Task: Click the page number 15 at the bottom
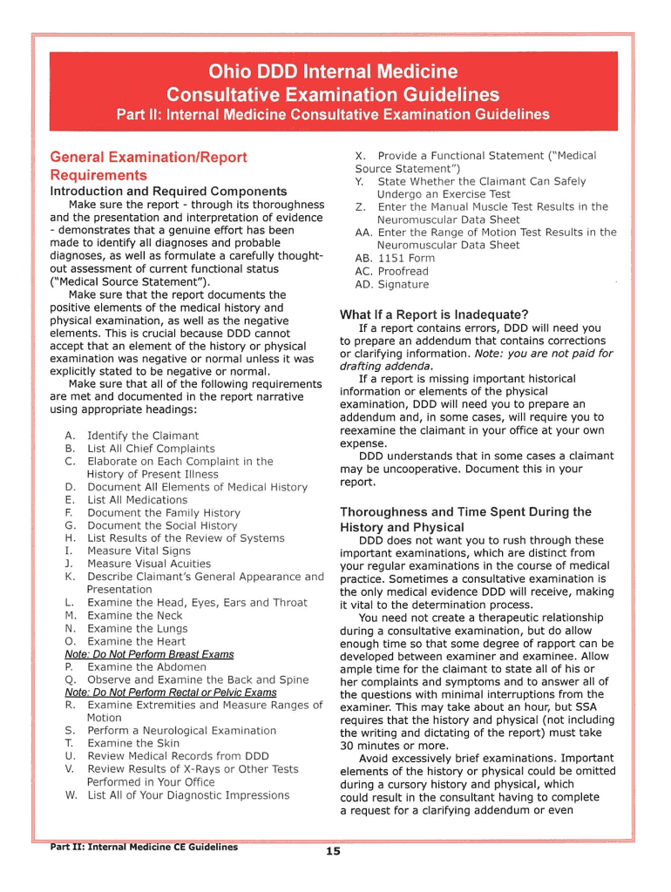[x=333, y=851]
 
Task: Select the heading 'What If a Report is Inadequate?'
[x=434, y=314]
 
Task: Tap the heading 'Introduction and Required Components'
[x=168, y=191]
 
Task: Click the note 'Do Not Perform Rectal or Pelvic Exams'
[x=171, y=692]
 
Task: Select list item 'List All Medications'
[x=137, y=500]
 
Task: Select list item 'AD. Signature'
[x=392, y=284]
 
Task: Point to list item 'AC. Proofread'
[x=392, y=271]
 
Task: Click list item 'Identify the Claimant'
[x=143, y=436]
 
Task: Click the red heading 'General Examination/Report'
[x=148, y=158]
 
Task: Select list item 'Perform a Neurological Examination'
[x=181, y=730]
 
